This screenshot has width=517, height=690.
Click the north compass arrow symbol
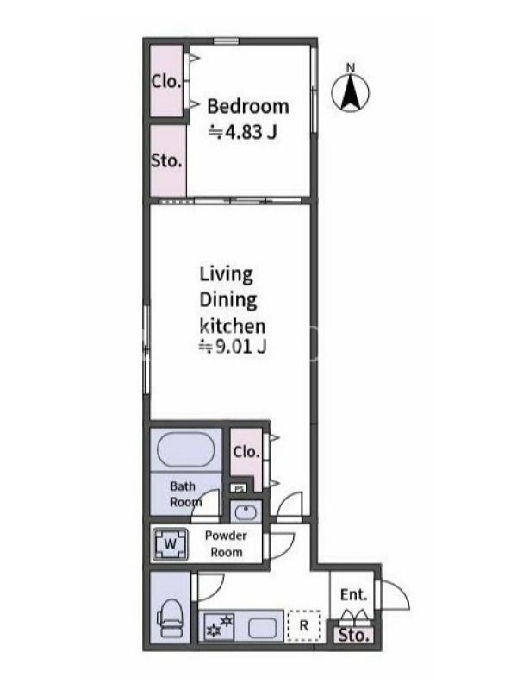coord(351,91)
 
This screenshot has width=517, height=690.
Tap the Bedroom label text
coord(248,106)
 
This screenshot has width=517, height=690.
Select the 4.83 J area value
coord(243,132)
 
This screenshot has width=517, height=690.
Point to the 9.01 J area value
coord(233,347)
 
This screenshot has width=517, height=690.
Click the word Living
coord(227,274)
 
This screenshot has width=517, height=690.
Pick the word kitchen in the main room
coord(233,326)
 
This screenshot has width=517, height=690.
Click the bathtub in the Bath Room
coord(185,449)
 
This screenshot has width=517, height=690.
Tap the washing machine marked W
coord(170,544)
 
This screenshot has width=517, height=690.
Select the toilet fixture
coord(170,618)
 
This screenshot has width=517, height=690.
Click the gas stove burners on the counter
coord(220,627)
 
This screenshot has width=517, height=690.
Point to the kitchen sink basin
coord(263,628)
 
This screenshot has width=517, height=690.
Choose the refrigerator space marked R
coord(303,625)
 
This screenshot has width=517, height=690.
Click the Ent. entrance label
coord(353,595)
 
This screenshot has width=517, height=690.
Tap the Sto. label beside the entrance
coord(353,636)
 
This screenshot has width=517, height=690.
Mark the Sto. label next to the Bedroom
coord(166,160)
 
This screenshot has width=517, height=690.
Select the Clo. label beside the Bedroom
coord(166,81)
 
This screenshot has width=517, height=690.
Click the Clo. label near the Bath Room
coord(246,452)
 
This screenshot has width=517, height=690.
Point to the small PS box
coord(239,488)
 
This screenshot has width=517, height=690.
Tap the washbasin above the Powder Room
coord(246,512)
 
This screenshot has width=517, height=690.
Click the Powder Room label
coord(226,544)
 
